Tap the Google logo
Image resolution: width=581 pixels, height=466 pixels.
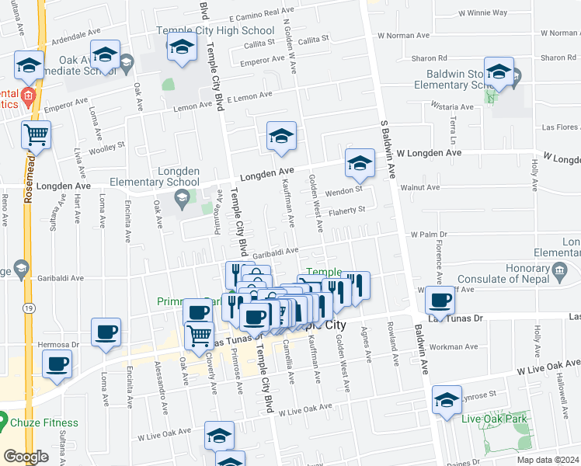point(26,457)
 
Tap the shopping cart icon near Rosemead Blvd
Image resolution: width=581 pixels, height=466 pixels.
point(36,136)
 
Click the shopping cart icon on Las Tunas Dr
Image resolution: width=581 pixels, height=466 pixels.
point(199,336)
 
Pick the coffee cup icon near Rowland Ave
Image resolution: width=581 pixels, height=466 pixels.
point(441,300)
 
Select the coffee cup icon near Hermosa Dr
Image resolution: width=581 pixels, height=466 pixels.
point(106,332)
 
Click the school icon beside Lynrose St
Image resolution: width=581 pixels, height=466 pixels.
point(447,401)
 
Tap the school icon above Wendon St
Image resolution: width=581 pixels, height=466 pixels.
point(360,164)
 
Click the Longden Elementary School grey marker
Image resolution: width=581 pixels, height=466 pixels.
point(182,198)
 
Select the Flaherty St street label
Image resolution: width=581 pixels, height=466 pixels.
point(346,210)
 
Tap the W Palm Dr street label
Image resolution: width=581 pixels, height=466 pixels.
point(429,234)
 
